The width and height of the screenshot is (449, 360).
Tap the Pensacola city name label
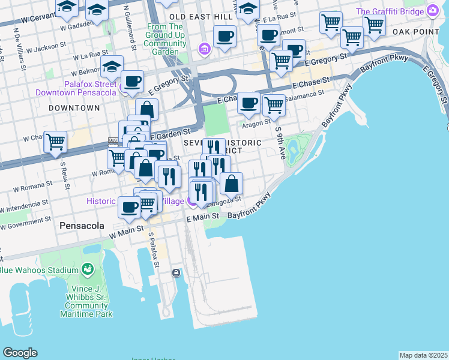[82, 226]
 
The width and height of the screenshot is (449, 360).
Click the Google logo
[20, 352]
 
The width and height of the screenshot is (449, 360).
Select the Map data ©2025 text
[423, 355]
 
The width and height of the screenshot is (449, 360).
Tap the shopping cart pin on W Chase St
[55, 142]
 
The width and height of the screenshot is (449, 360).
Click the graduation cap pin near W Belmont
[112, 67]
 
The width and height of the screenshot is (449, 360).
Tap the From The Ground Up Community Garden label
[165, 35]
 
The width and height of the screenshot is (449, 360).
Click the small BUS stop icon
[112, 141]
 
